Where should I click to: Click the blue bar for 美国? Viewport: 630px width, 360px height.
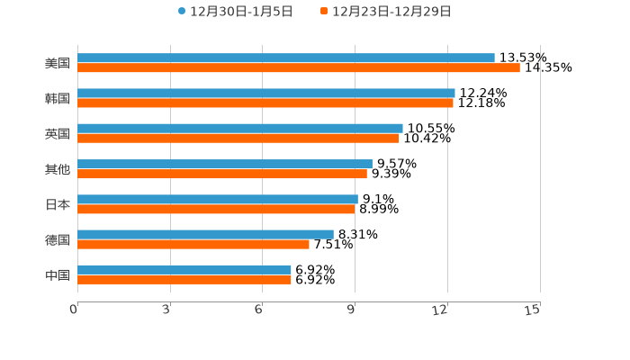pos(286,58)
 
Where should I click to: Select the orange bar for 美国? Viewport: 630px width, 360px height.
pos(299,67)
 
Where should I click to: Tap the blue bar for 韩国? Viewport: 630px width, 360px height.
pos(266,93)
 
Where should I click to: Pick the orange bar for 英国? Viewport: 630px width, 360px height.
pos(238,138)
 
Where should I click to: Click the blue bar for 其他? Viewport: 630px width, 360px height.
pos(225,164)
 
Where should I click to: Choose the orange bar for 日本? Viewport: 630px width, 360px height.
pos(216,209)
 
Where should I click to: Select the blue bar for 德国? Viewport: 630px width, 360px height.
pos(205,234)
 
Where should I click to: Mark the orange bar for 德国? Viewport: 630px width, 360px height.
pos(193,244)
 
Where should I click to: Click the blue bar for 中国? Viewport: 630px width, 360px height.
pos(184,269)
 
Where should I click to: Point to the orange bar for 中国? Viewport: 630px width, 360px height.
pos(184,279)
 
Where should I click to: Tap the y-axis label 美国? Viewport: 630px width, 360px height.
pos(58,63)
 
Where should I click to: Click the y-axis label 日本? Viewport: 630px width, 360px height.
pos(58,204)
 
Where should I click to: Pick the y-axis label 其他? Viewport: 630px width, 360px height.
pos(58,169)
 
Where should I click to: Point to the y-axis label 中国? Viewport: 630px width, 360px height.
pos(58,274)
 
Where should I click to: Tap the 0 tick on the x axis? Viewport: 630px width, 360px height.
pos(75,310)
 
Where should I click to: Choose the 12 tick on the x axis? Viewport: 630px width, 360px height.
pos(440,310)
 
